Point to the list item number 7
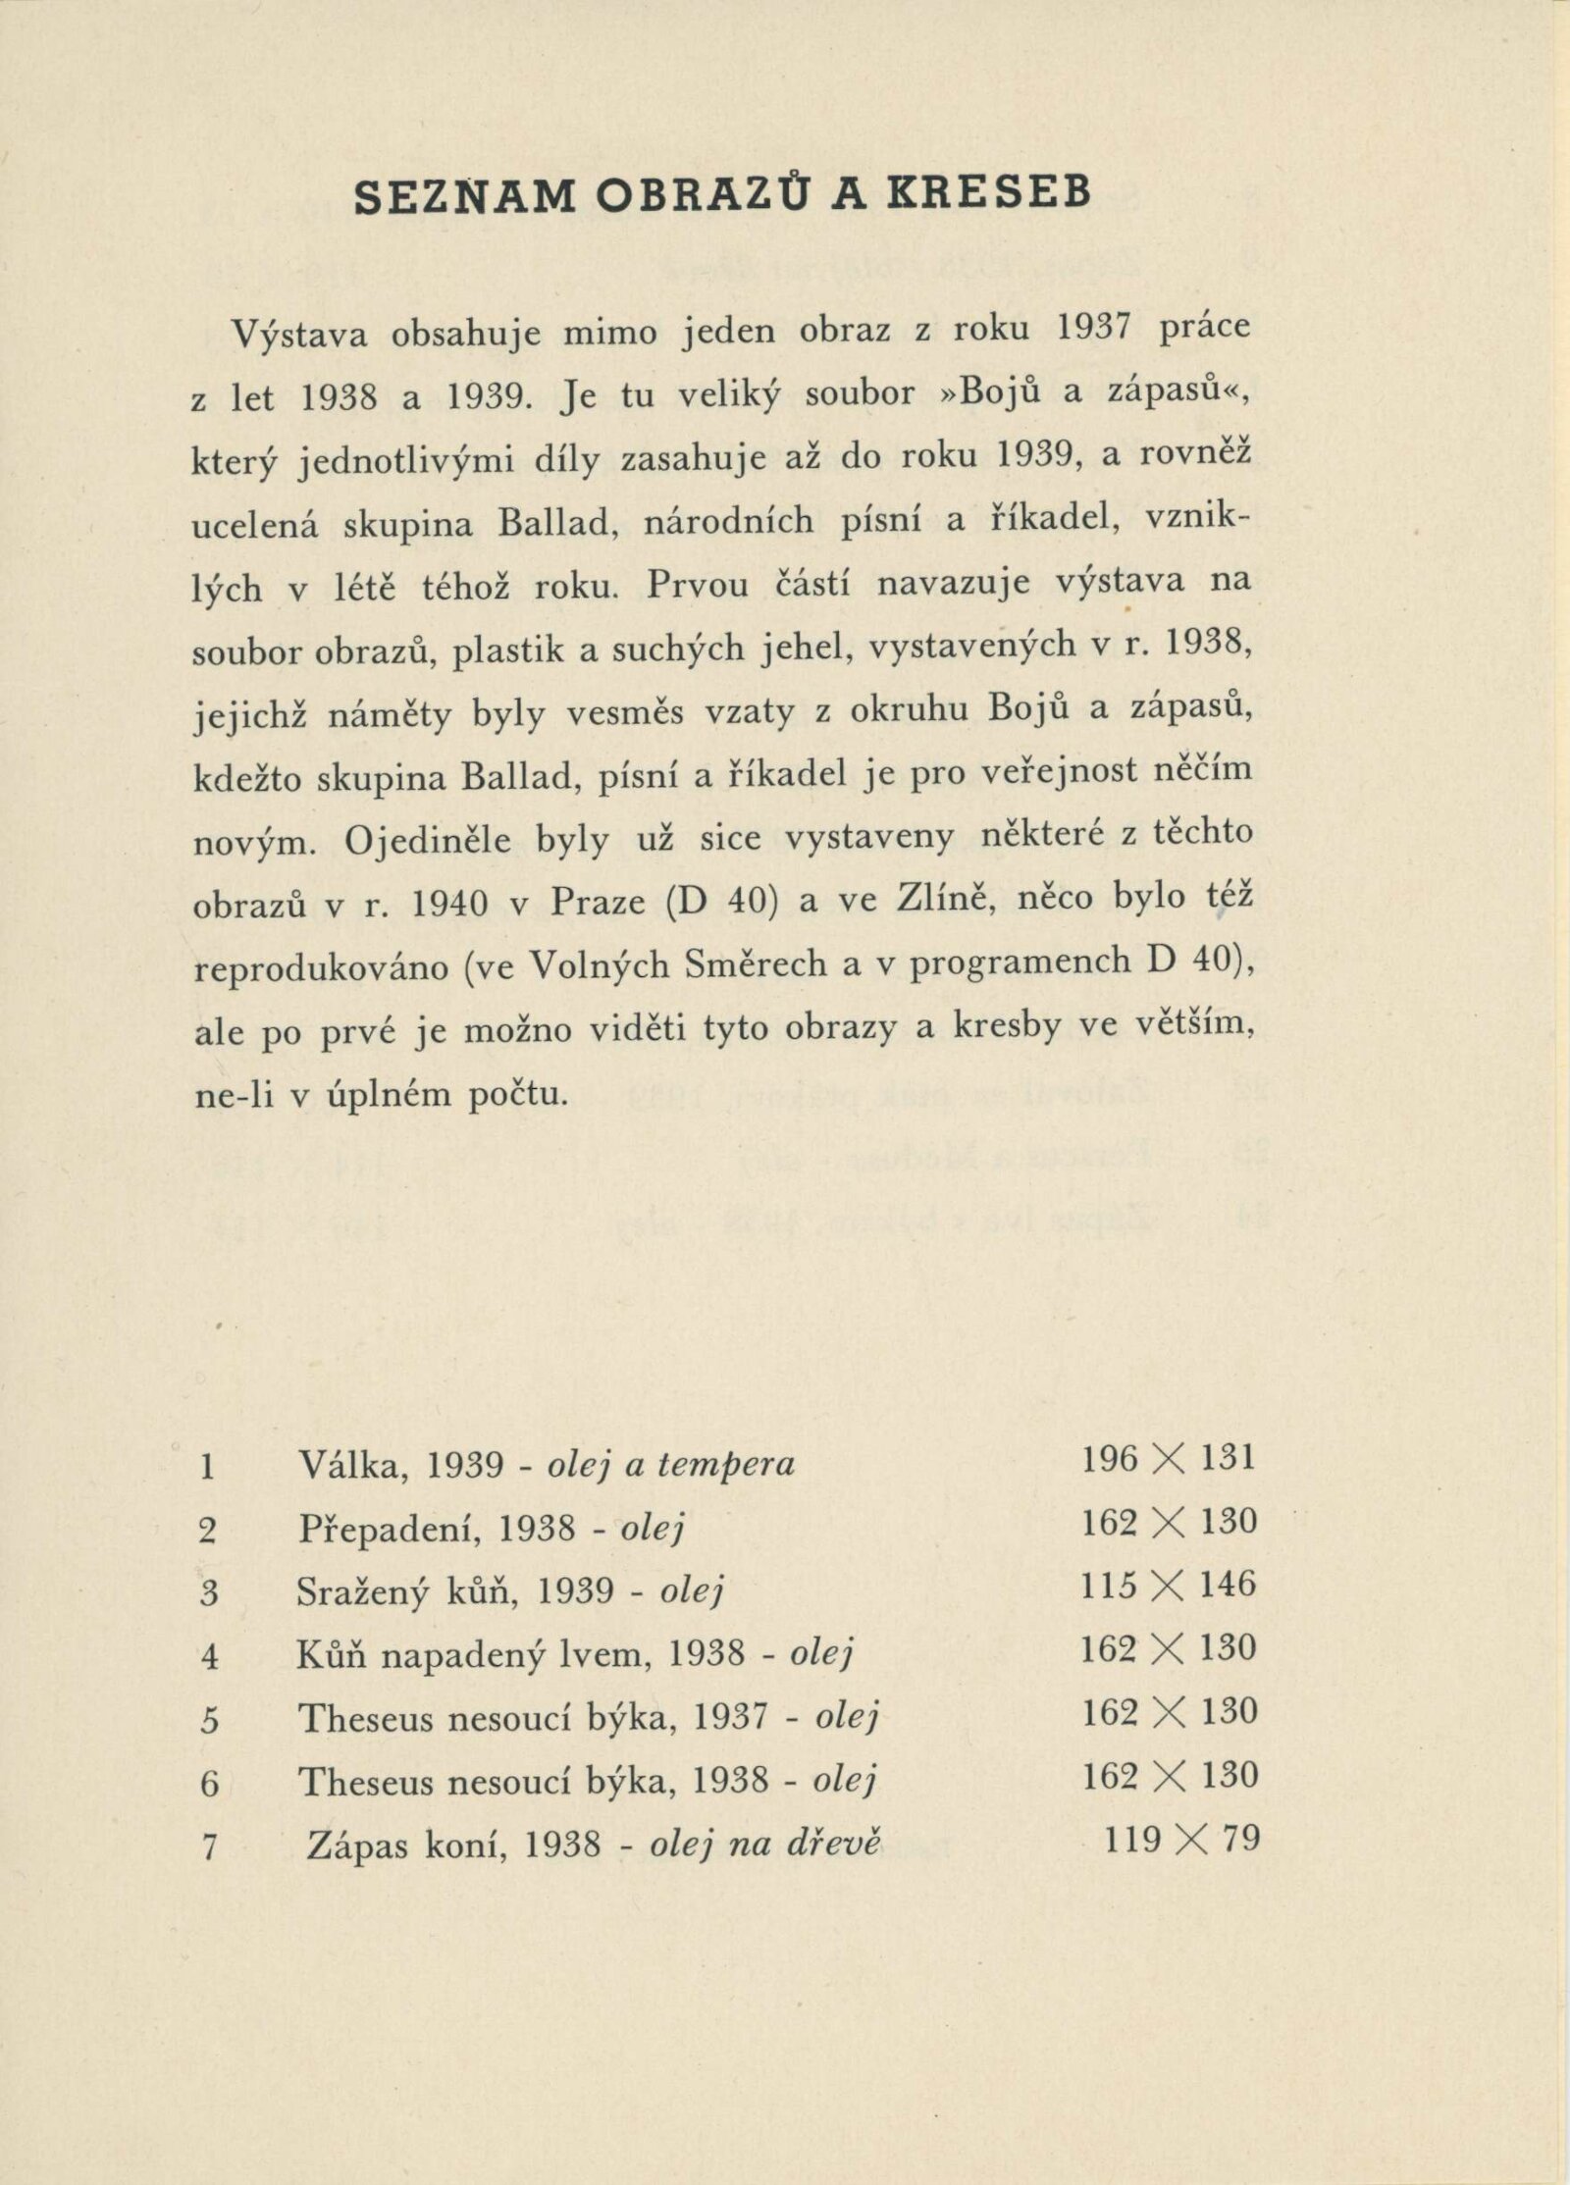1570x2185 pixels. [x=207, y=1847]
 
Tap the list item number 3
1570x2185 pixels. [x=207, y=1592]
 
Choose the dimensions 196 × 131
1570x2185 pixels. [x=1168, y=1459]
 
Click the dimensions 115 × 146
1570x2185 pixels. [x=1168, y=1586]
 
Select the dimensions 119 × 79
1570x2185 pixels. [x=1180, y=1840]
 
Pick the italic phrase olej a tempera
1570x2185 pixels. [x=670, y=1465]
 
